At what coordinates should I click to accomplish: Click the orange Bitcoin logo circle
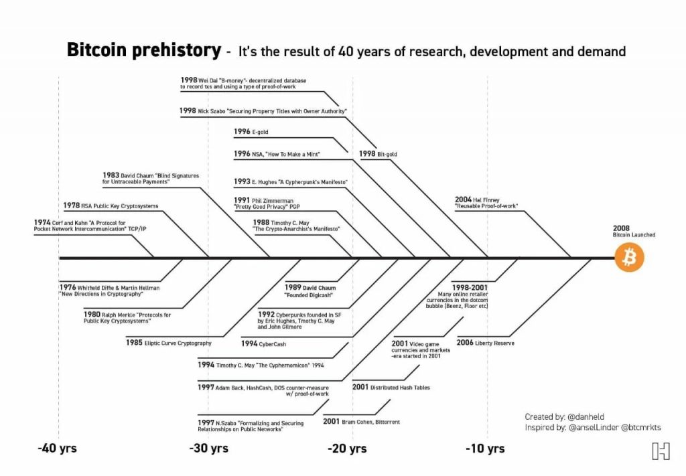629,258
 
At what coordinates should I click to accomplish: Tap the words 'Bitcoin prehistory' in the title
143,50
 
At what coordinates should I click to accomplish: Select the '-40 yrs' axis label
57,448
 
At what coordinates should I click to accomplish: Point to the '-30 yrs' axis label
208,448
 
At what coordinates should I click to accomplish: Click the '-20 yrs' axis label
347,448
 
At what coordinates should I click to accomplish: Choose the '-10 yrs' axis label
485,448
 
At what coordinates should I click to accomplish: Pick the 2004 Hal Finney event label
486,203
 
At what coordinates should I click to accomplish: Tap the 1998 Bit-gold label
378,154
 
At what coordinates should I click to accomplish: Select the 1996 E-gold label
251,132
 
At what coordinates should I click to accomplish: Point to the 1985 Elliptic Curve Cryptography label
169,342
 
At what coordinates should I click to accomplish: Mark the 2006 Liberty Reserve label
484,342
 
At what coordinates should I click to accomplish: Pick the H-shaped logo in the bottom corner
660,451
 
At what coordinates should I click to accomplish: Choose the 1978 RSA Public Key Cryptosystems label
111,206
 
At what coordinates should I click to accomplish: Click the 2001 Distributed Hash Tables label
391,387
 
